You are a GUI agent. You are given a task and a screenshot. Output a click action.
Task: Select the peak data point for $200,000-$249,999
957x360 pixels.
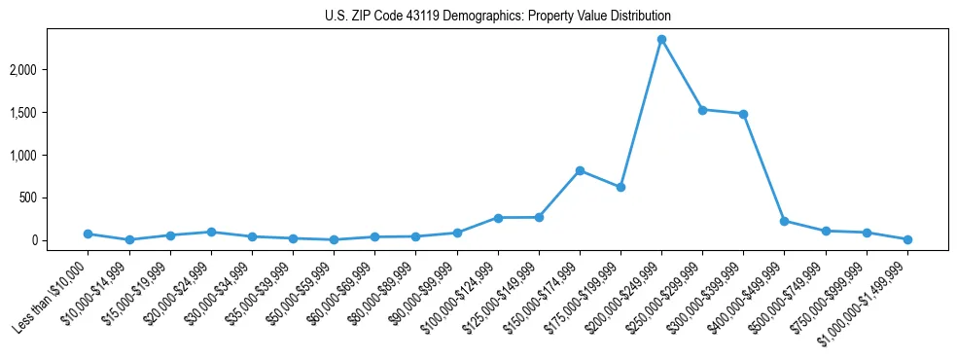(661, 40)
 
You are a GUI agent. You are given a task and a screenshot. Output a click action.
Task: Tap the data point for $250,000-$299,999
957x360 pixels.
(702, 110)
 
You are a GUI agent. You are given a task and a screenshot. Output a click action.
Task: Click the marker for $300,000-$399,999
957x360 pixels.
(743, 114)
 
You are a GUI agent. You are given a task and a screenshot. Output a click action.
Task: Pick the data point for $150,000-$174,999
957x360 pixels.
(580, 170)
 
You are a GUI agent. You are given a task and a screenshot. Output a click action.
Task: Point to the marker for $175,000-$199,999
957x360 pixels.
(620, 187)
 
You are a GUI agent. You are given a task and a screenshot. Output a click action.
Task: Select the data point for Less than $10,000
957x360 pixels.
(88, 234)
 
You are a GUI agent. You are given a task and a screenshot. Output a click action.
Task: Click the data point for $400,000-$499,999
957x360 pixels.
(784, 221)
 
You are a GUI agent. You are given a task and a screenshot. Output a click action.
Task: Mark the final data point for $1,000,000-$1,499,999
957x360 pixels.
(907, 239)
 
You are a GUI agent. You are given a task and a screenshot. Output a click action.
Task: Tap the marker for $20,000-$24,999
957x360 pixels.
(211, 232)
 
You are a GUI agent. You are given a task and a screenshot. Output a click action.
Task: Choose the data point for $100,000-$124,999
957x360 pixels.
(498, 218)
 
